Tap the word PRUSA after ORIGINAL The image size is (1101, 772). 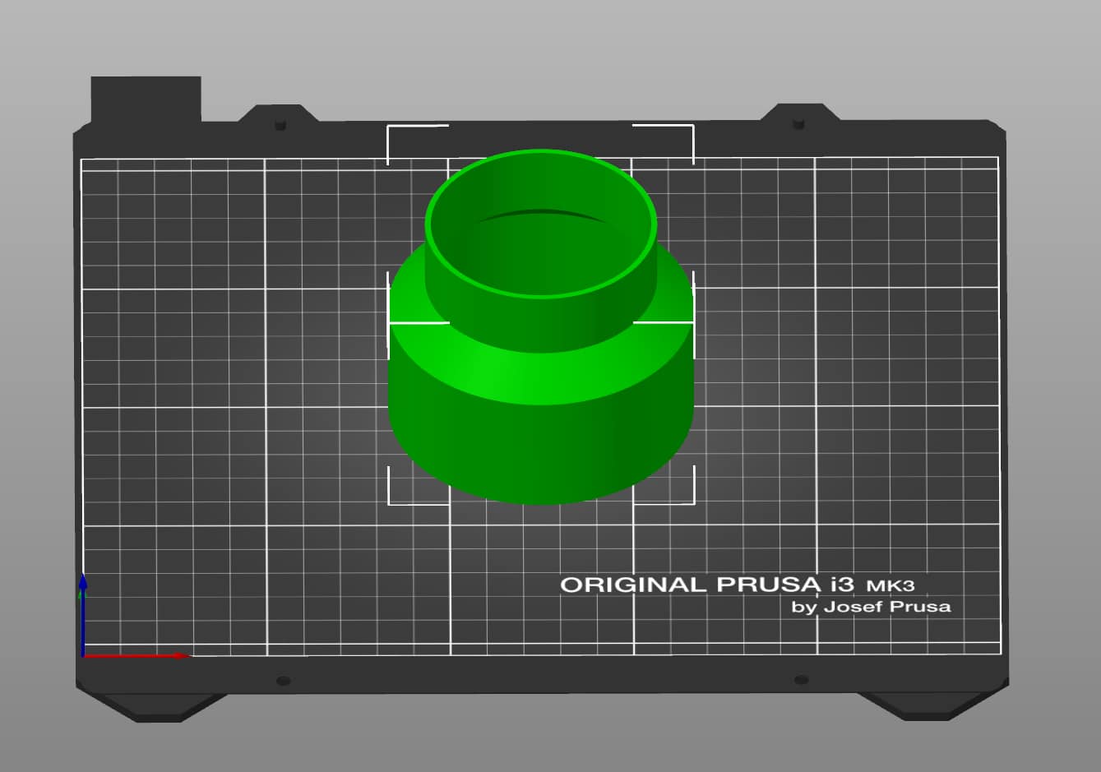[x=768, y=585]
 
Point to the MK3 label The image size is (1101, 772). [x=891, y=586]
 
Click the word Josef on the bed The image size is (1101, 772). [x=854, y=607]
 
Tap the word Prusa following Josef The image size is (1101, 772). [x=920, y=607]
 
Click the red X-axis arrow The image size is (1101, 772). [x=136, y=655]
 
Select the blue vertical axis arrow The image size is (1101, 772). [x=83, y=615]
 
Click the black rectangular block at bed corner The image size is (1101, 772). [x=146, y=99]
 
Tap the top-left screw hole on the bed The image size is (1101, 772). [x=280, y=125]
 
